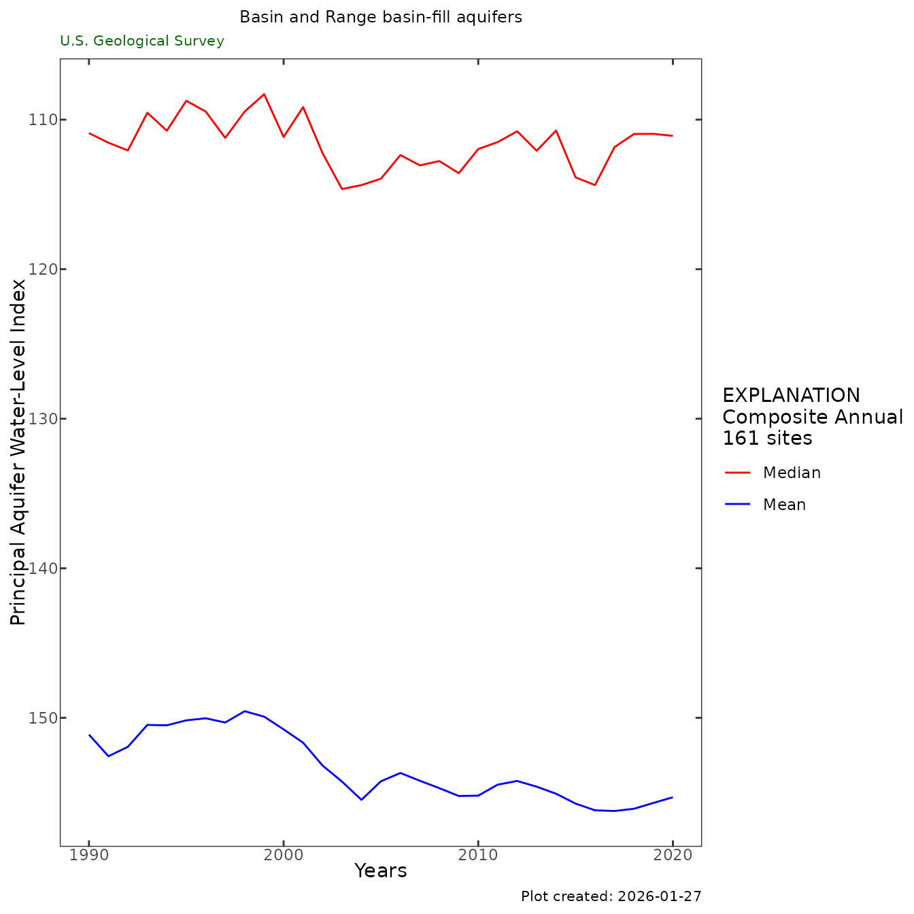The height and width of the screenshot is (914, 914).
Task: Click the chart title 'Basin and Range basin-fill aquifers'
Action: [381, 18]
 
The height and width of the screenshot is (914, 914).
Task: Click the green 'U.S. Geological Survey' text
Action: [142, 41]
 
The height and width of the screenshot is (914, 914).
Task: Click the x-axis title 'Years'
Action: [381, 871]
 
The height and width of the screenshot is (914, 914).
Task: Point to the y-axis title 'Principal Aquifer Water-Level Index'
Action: [18, 452]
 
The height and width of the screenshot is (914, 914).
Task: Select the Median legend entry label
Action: [792, 473]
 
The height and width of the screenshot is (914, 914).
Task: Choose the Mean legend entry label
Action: [784, 505]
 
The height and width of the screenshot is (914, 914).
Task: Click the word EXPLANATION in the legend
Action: [791, 396]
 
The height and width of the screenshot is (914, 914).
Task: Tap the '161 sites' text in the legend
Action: [767, 439]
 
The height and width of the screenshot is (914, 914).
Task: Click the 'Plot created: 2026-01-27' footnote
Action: [611, 897]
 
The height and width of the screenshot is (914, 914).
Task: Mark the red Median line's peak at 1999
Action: [264, 94]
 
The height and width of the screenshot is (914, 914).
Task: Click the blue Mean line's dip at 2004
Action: [361, 799]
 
